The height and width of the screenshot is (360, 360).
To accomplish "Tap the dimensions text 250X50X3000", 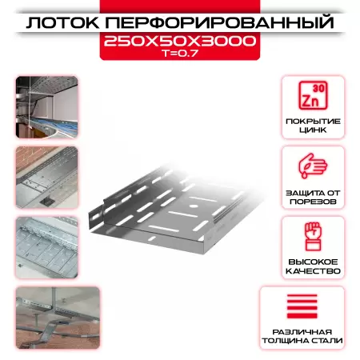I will [x=180, y=42].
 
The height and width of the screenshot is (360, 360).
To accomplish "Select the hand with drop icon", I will [x=311, y=166].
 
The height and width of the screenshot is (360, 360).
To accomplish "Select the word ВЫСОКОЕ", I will [x=311, y=261].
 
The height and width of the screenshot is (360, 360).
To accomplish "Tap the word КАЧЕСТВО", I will [x=311, y=272].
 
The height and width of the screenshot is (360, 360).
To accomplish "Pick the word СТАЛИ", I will [x=328, y=342].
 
